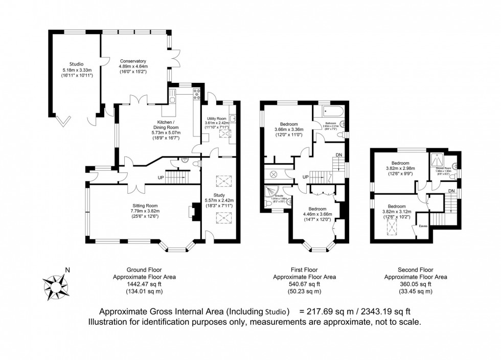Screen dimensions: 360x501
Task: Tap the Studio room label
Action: (76, 64)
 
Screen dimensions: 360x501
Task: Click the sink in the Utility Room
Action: (233, 119)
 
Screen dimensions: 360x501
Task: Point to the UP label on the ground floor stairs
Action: (161, 178)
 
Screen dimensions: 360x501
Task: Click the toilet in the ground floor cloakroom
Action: (185, 160)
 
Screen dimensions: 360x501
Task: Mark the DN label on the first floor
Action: (339, 155)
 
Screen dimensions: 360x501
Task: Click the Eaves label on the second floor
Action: (423, 224)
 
